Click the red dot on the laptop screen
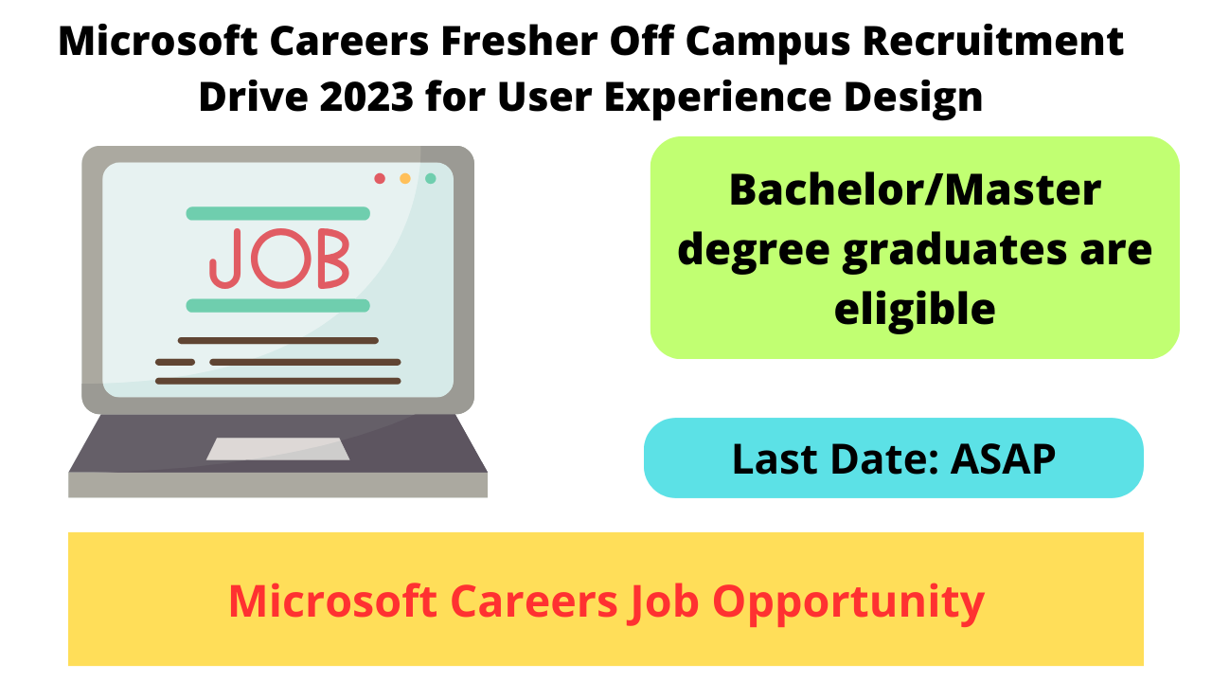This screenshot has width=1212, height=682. click(x=380, y=179)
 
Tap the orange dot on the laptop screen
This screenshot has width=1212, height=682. click(x=405, y=179)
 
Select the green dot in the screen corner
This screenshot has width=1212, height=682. click(x=431, y=179)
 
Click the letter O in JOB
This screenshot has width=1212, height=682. click(x=281, y=259)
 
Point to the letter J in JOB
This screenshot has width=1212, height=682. click(x=225, y=259)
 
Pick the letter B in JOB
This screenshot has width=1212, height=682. click(x=333, y=259)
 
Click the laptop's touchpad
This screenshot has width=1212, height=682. click(x=278, y=449)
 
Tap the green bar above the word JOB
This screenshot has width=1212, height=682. click(x=278, y=213)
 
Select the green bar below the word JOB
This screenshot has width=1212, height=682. click(x=278, y=306)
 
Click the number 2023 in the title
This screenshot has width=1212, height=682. click(x=366, y=97)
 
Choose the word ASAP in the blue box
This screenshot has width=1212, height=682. click(x=1003, y=459)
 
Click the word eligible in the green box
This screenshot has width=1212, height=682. click(x=915, y=309)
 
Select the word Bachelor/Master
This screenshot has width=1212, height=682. click(x=915, y=190)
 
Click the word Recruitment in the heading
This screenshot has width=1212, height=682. click(x=993, y=41)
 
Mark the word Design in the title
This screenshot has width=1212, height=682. click(x=914, y=99)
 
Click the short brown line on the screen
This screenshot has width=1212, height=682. click(x=175, y=362)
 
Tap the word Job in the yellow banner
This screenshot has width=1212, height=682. click(x=663, y=602)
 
